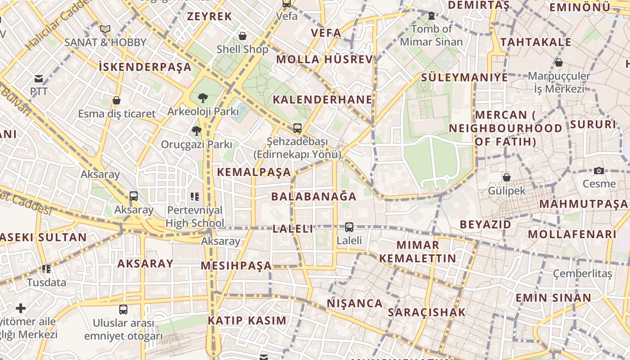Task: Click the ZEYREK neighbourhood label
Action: tap(209, 17)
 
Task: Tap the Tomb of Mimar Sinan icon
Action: tap(432, 16)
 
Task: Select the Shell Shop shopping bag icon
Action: tap(243, 36)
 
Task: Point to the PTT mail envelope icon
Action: tap(39, 79)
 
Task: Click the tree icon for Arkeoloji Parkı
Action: tap(203, 98)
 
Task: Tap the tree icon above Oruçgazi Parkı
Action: tap(196, 131)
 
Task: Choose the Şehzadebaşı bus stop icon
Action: tap(297, 128)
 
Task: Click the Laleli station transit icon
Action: tap(349, 227)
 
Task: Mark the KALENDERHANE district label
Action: tap(323, 99)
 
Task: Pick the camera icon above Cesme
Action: tap(598, 171)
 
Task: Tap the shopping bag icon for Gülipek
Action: tap(507, 177)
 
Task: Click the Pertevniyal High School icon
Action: tap(195, 196)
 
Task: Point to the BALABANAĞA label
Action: tap(314, 196)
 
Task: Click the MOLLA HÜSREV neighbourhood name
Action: tap(324, 59)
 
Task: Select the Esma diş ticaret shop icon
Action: tap(117, 100)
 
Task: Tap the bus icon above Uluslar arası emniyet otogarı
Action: tap(123, 309)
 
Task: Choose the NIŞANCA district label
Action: tap(355, 303)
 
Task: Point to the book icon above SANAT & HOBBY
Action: tap(105, 29)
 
